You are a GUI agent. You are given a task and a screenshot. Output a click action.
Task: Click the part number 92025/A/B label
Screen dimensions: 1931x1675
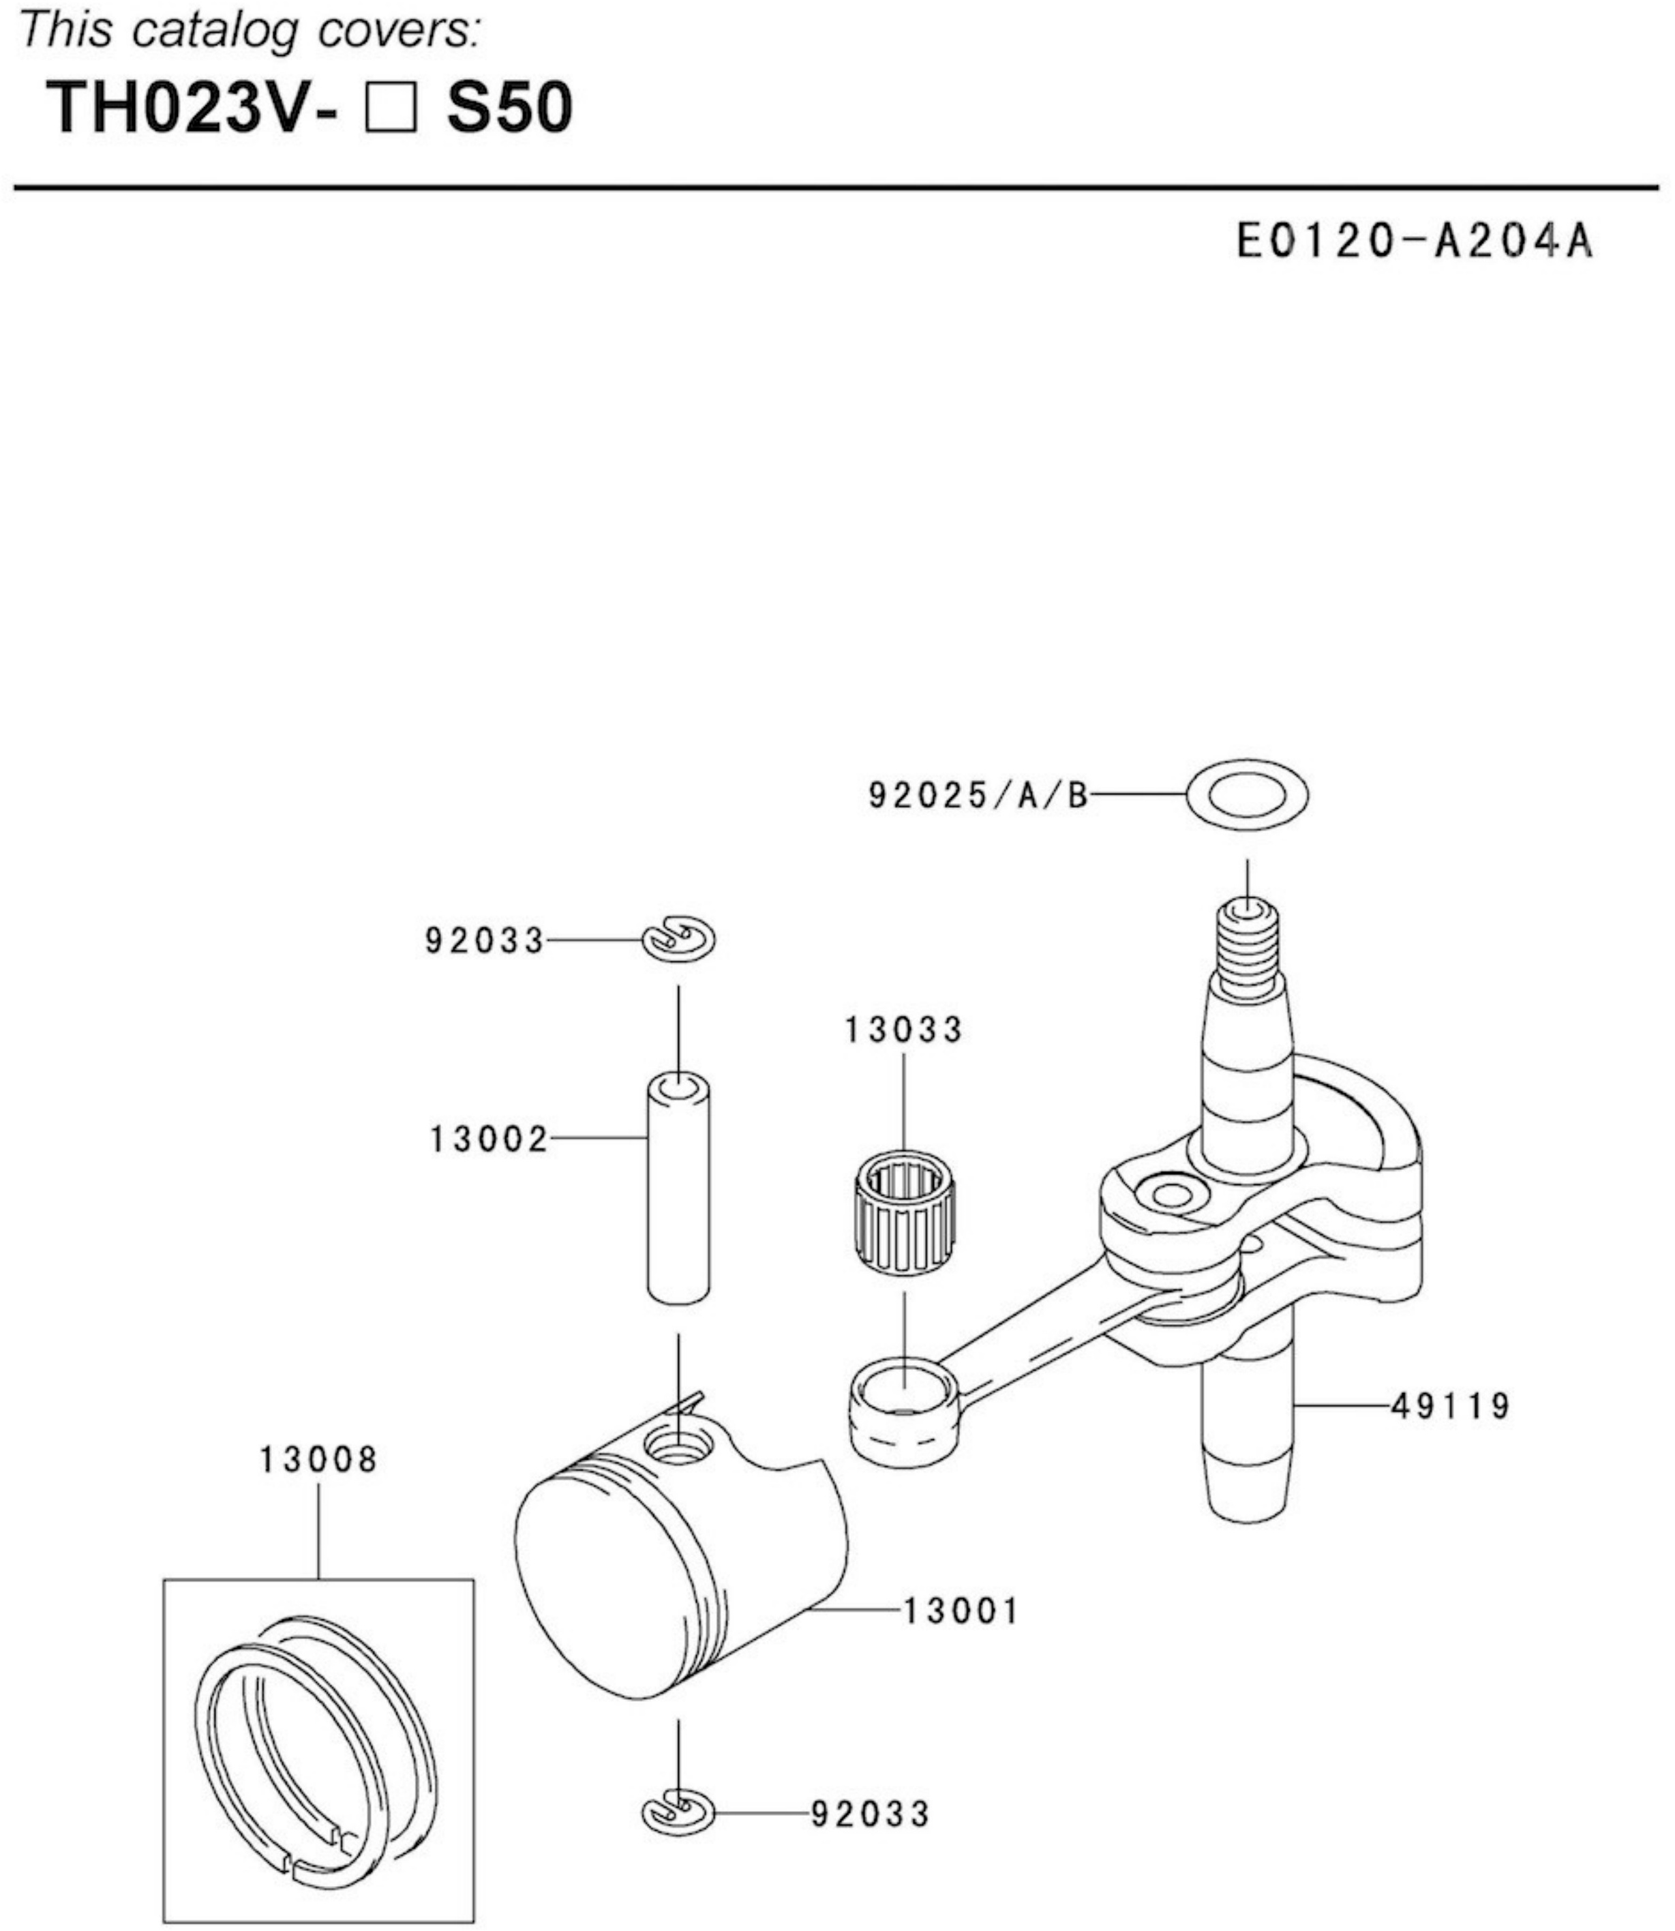pos(978,796)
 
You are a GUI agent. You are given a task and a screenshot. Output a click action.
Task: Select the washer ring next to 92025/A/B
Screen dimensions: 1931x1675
pos(1247,796)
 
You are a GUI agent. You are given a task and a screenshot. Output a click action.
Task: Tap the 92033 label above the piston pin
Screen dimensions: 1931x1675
pos(483,940)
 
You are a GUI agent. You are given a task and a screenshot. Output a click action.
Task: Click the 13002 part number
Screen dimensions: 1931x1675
pos(488,1139)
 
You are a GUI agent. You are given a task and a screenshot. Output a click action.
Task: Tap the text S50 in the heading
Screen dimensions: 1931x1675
pos(509,108)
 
